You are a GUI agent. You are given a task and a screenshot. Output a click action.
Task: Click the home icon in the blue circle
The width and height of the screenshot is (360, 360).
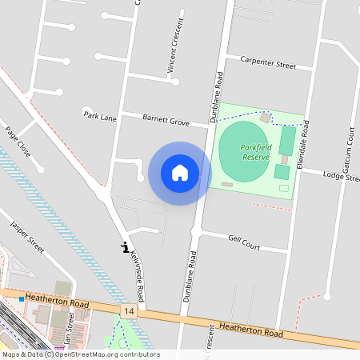[x=180, y=173]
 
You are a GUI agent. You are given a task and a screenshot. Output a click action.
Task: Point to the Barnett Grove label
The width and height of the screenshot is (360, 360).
[x=166, y=121]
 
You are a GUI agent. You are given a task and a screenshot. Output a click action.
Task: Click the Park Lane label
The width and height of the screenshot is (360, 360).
[x=100, y=116]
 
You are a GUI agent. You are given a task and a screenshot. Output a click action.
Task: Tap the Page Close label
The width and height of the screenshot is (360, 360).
[x=18, y=141]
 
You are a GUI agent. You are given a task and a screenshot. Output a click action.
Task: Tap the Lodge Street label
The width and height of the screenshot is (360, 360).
[x=342, y=175]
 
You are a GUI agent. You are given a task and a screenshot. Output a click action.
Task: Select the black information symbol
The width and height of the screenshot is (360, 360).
[x=124, y=248]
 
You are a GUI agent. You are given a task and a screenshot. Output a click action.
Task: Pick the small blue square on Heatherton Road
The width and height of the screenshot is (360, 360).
[x=21, y=298]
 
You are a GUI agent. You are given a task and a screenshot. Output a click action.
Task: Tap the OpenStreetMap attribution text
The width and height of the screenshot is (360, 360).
[x=80, y=354]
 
